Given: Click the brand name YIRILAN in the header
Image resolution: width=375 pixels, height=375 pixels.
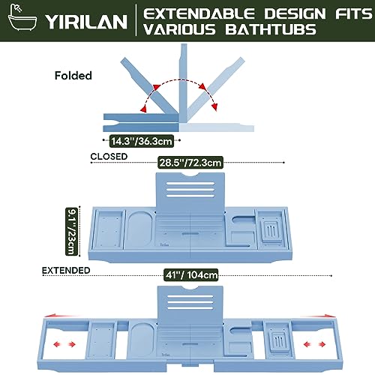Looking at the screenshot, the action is [x=86, y=22].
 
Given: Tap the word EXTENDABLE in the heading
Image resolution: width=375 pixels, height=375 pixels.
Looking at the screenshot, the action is [x=199, y=13].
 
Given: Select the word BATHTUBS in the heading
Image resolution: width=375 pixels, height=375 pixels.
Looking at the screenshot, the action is [x=271, y=29].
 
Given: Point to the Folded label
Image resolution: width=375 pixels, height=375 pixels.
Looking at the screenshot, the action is [x=73, y=76].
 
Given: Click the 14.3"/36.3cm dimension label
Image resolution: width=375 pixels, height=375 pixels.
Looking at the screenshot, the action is [x=142, y=141].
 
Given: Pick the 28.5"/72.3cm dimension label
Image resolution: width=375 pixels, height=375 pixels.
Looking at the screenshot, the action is [x=190, y=163].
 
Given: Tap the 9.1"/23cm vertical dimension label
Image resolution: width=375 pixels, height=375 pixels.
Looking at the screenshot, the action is [x=71, y=232].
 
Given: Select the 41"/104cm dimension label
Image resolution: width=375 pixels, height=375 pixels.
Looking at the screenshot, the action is [x=191, y=275].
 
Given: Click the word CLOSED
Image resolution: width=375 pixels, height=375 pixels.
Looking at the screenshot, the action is [x=109, y=157].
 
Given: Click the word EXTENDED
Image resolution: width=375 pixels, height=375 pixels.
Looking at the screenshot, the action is [x=66, y=271].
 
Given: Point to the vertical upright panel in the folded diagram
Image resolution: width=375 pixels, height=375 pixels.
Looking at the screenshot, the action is [x=183, y=83].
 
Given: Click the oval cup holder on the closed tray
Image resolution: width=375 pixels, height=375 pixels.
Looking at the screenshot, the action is [x=140, y=229].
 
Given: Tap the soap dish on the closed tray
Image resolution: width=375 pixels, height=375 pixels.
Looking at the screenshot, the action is [x=271, y=231].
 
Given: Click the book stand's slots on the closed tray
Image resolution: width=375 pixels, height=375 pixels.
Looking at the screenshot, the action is [x=190, y=190].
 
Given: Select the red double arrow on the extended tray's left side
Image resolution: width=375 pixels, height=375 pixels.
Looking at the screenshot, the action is [x=64, y=344].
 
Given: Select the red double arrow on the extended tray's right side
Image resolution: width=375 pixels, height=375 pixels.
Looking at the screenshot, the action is [x=314, y=344].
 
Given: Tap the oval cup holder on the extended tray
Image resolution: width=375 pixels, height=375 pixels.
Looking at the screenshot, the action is [x=142, y=340].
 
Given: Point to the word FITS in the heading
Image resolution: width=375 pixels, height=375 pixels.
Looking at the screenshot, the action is [x=353, y=13].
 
